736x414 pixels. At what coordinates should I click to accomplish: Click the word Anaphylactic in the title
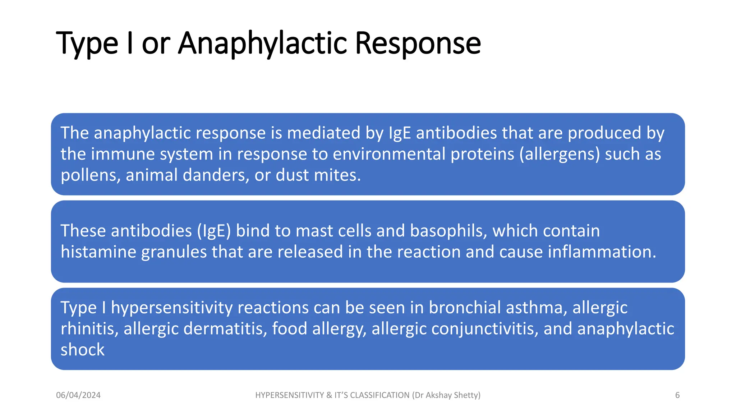262,44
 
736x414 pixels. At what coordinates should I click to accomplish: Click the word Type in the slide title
87,44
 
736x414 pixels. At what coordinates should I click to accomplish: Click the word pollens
90,176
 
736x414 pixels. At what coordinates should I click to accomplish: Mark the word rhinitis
89,329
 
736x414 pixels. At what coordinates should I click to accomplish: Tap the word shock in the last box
82,350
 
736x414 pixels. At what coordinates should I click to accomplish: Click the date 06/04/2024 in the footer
78,395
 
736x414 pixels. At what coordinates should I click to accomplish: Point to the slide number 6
677,395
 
